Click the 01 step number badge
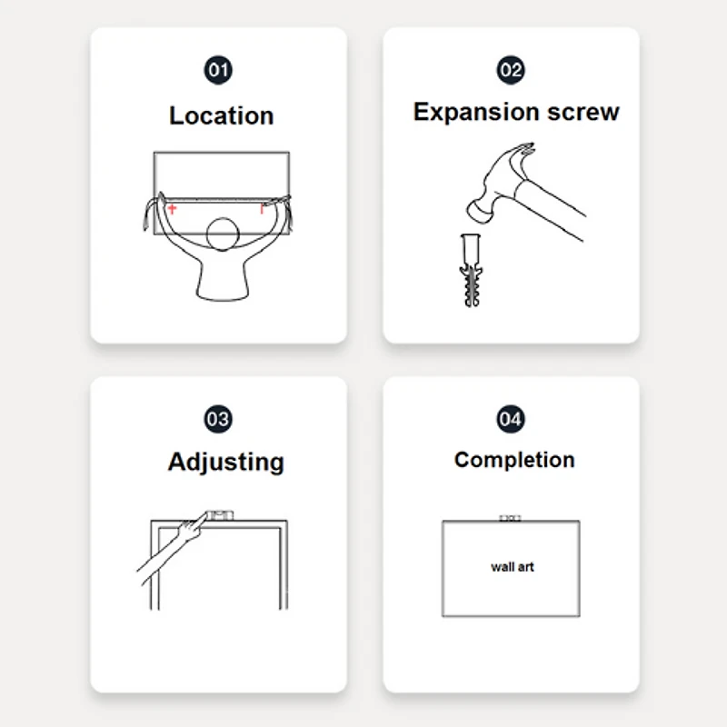click(x=218, y=70)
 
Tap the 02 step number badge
click(x=511, y=70)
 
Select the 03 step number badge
click(x=218, y=419)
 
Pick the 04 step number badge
click(x=511, y=419)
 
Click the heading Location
click(x=221, y=115)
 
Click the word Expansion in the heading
click(x=476, y=113)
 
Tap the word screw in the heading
click(x=583, y=112)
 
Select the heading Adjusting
click(x=225, y=463)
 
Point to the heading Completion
click(x=514, y=461)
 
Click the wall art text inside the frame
click(x=513, y=566)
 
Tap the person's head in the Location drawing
click(x=223, y=234)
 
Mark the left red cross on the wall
click(x=172, y=209)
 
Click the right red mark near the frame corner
click(x=262, y=209)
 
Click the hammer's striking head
click(x=481, y=211)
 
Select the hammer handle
click(x=551, y=209)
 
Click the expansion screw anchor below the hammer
click(x=471, y=270)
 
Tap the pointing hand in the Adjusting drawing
click(x=191, y=528)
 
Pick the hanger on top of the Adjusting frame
click(x=219, y=515)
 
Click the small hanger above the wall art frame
click(x=510, y=518)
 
